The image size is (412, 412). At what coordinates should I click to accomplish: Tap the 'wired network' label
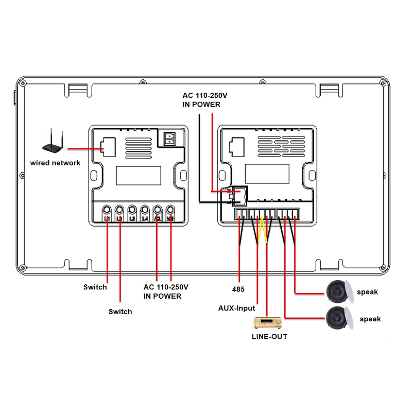[55, 163]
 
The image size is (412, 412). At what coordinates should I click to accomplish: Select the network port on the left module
[109, 146]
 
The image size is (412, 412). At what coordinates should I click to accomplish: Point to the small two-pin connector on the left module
[169, 139]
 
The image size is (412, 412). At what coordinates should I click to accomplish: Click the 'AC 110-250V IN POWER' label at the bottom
[166, 291]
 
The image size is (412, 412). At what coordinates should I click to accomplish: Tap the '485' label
[238, 289]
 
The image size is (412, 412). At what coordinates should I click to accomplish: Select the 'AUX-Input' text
[237, 308]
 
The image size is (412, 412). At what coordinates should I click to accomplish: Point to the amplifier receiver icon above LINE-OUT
[267, 323]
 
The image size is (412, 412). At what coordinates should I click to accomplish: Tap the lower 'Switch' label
[120, 312]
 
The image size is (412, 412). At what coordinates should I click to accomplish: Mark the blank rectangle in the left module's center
[135, 176]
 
